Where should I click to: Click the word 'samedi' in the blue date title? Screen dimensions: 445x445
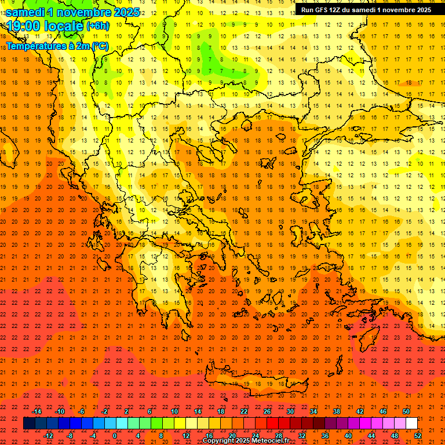[x=27, y=12]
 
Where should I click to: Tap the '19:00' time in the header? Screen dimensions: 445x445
[x=23, y=26]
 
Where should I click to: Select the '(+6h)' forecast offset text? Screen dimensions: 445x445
[x=97, y=26]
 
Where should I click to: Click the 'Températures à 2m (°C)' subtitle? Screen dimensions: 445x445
[x=57, y=46]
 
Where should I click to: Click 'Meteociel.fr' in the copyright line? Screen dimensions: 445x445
[x=271, y=441]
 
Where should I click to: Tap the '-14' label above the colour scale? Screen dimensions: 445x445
[x=37, y=411]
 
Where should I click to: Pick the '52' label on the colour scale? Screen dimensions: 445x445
[x=418, y=436]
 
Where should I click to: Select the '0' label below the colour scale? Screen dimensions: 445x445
[x=114, y=436]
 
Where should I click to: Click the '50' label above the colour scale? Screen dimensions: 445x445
[x=406, y=411]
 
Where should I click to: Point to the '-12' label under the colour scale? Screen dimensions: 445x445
[x=48, y=436]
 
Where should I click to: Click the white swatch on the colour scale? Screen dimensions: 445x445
[x=411, y=424]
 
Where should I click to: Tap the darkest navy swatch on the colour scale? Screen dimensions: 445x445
[x=29, y=424]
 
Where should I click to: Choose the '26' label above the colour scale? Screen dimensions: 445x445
[x=267, y=411]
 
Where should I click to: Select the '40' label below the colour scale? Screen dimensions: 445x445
[x=348, y=436]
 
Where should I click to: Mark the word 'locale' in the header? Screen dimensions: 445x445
[x=63, y=26]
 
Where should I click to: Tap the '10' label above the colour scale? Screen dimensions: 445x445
[x=174, y=411]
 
